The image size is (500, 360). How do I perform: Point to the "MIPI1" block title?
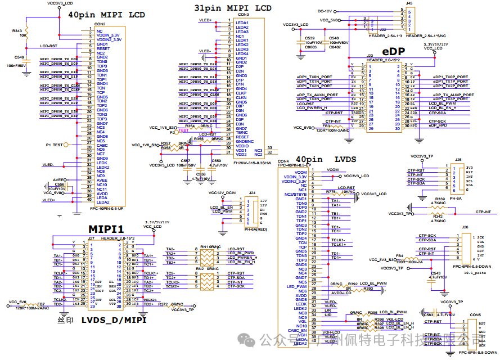point(106,229)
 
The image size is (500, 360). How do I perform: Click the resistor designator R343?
point(17,31)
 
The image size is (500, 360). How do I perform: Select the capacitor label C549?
point(19,57)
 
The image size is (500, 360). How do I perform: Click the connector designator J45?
point(409,3)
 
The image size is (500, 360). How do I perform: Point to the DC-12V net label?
point(325,11)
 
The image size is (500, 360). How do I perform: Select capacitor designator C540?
point(334,38)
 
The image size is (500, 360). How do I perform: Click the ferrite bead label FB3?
point(334,126)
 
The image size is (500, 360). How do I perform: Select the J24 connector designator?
point(253,192)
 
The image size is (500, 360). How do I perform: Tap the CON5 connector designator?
point(475,314)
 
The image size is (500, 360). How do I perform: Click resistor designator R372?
point(163,304)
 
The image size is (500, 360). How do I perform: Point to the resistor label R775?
point(331,191)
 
